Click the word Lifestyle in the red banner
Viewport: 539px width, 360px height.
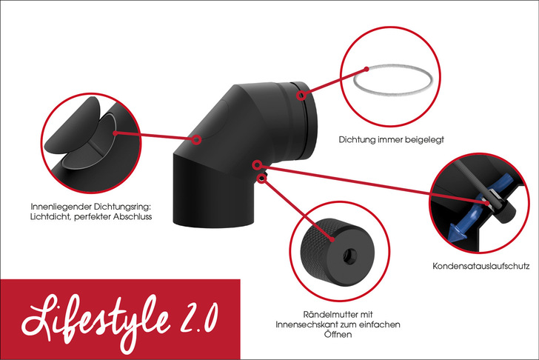point(96,321)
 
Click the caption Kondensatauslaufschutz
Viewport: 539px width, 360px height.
point(481,266)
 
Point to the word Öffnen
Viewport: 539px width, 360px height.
point(338,334)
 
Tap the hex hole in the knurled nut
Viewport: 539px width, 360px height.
point(350,256)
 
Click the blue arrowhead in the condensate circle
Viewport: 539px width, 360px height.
point(457,230)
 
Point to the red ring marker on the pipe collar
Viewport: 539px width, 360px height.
point(301,95)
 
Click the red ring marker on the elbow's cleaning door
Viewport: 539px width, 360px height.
point(196,139)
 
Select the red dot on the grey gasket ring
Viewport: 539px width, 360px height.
point(366,69)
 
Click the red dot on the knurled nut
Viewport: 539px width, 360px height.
point(332,239)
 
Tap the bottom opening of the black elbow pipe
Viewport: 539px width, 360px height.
point(212,221)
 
